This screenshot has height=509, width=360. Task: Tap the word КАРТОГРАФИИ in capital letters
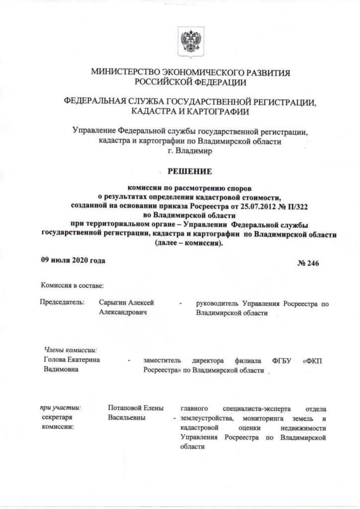[222, 112]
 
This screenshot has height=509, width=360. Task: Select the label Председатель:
[63, 302]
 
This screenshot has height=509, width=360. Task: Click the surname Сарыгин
[113, 302]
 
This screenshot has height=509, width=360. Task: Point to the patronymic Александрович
[123, 313]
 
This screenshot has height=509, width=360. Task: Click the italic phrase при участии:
[60, 408]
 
